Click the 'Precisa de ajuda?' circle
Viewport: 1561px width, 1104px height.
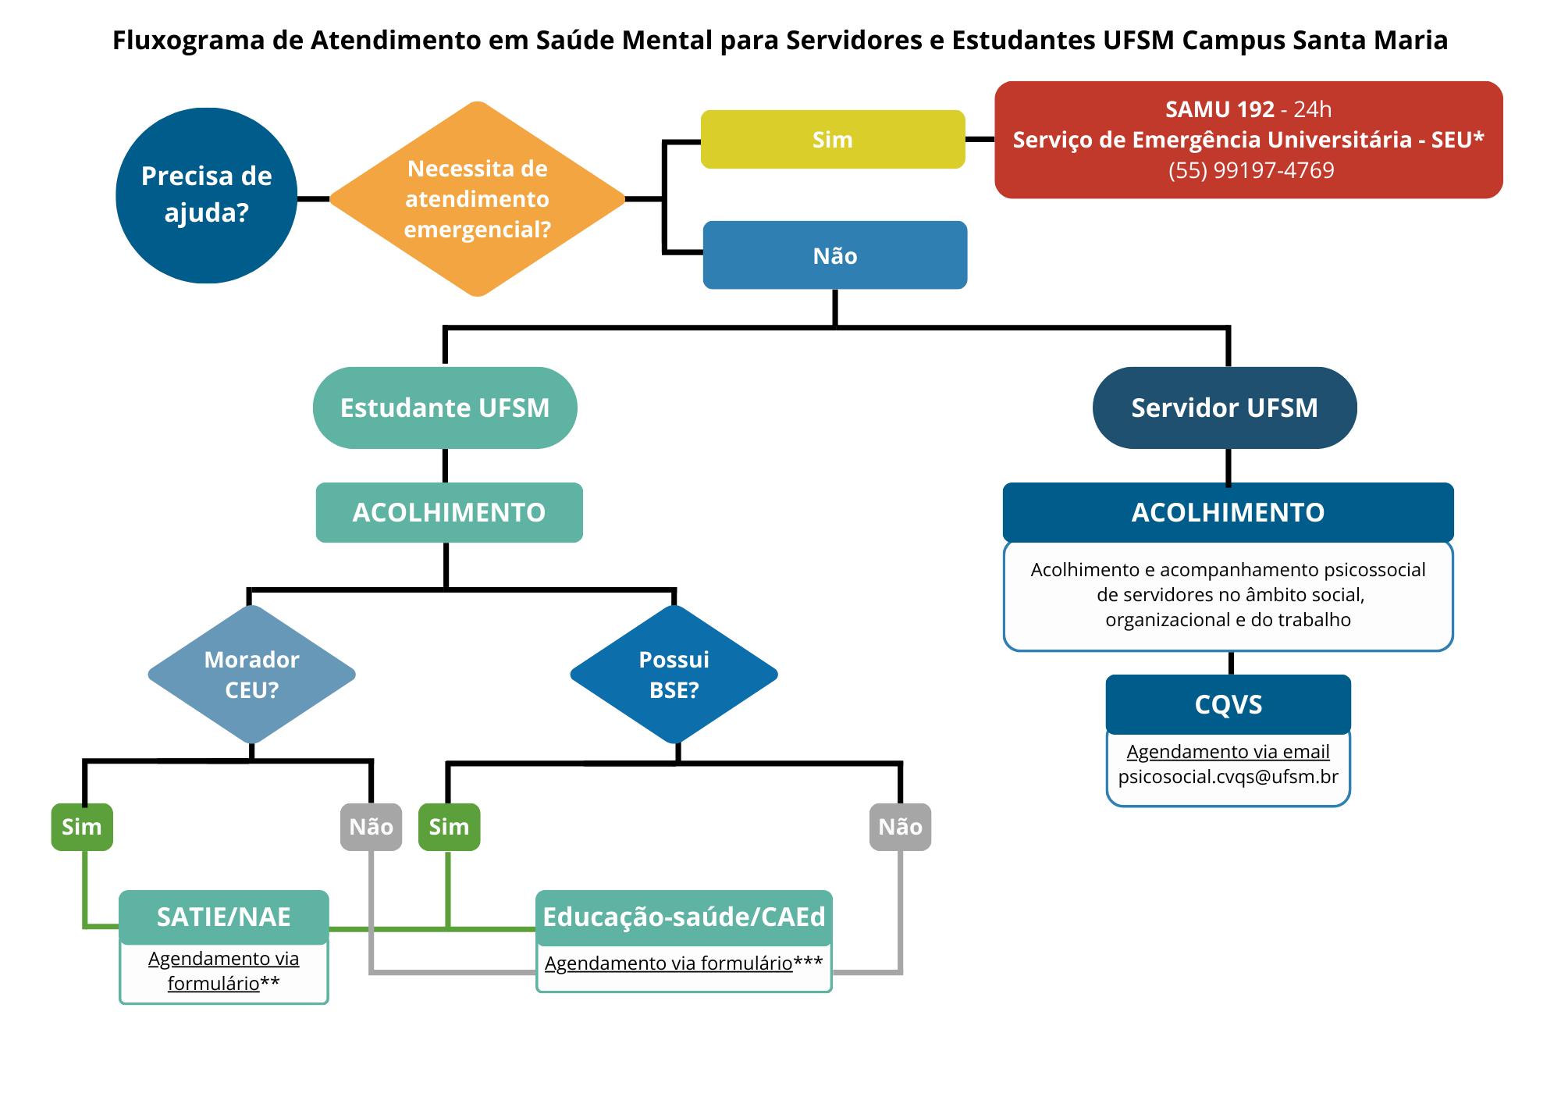click(x=206, y=195)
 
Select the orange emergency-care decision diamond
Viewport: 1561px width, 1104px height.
click(x=477, y=199)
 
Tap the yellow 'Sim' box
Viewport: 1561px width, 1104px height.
click(x=833, y=140)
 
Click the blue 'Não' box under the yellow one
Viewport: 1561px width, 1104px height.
click(x=835, y=255)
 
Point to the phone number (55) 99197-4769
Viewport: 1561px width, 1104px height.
click(x=1251, y=170)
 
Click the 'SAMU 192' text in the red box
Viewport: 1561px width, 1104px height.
click(x=1219, y=109)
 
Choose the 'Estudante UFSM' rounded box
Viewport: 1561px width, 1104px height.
click(x=445, y=408)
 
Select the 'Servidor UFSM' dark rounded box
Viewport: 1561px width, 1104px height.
click(x=1225, y=408)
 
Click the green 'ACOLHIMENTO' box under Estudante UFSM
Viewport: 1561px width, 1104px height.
click(x=449, y=512)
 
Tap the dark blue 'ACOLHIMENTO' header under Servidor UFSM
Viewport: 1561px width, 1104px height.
click(x=1228, y=512)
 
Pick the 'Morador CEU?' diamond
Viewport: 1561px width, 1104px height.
click(x=251, y=675)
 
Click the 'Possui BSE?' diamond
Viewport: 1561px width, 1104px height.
click(x=674, y=675)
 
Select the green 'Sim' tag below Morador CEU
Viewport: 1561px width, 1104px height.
click(x=82, y=827)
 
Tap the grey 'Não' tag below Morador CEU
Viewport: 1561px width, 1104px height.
click(x=371, y=827)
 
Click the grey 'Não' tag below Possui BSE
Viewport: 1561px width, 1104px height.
click(x=900, y=827)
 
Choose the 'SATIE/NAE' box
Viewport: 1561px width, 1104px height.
click(x=224, y=917)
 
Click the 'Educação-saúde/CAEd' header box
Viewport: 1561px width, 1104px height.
click(x=684, y=917)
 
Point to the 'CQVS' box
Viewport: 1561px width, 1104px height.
click(x=1228, y=704)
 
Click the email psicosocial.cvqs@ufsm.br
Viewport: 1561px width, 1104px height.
click(x=1228, y=777)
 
